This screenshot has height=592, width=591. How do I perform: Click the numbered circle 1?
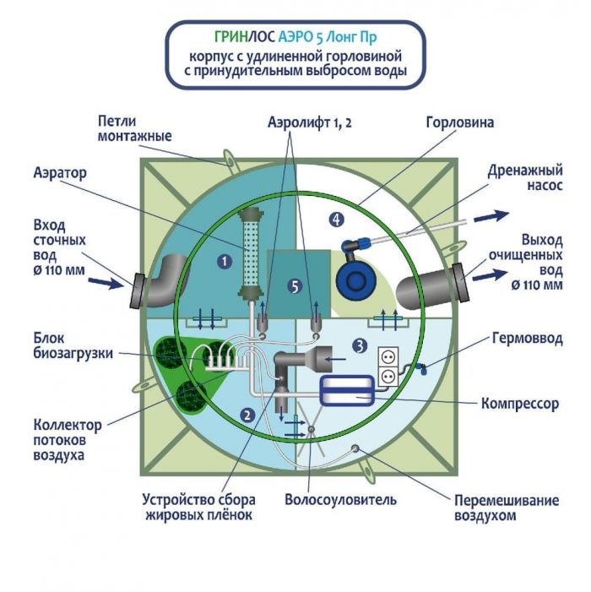coord(225,262)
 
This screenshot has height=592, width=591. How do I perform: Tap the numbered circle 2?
coord(247,414)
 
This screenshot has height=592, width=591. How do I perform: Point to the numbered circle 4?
coord(337,220)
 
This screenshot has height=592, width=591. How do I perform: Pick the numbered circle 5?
coord(294,287)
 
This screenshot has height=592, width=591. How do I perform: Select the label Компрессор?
coord(519,404)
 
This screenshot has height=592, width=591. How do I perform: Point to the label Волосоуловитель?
coord(339,499)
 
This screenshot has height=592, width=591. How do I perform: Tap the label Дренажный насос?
coord(525,177)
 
